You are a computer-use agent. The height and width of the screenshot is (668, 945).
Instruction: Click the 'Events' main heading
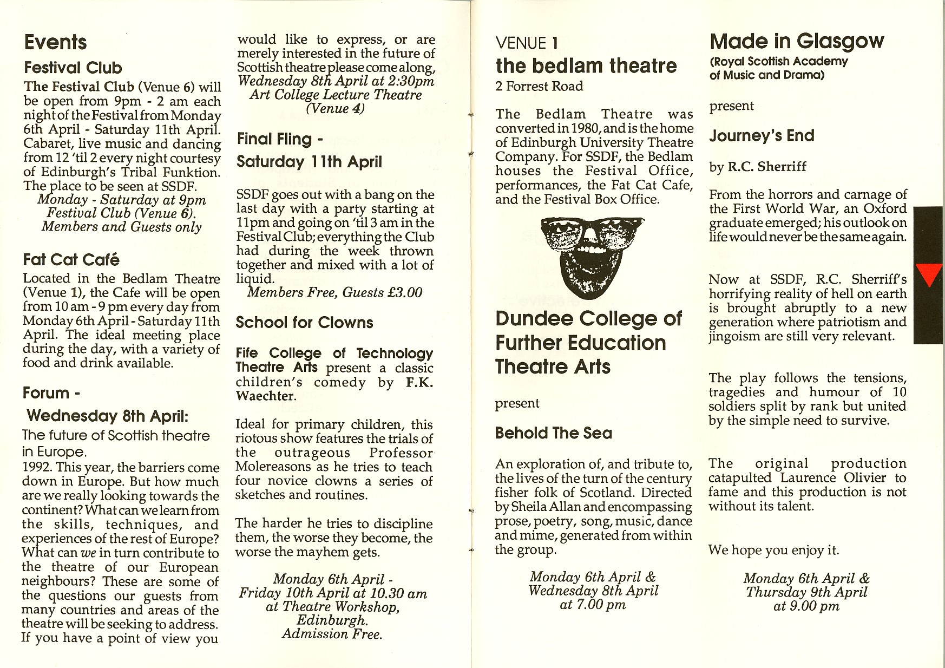point(55,42)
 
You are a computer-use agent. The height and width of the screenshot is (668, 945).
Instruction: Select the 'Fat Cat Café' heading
point(71,260)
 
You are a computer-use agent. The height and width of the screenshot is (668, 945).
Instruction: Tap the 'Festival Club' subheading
point(73,68)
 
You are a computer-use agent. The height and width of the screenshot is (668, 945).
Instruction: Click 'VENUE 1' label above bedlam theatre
point(526,43)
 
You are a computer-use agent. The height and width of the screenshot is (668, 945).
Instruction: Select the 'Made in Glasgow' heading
point(796,41)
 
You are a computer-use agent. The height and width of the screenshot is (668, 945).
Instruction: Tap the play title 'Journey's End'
point(762,135)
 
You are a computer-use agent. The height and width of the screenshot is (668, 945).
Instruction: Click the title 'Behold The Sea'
point(553,433)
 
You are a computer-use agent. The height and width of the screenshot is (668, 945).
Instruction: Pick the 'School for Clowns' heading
point(304,323)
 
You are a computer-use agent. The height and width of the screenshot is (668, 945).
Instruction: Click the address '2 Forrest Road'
point(539,86)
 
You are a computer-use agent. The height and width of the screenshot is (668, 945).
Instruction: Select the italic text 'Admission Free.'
point(332,634)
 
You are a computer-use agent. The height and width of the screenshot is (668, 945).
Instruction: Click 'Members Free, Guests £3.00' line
point(334,293)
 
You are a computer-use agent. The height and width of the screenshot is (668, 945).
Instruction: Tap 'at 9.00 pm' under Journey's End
point(806,606)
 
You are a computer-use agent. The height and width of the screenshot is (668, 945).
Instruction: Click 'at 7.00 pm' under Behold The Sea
point(593,605)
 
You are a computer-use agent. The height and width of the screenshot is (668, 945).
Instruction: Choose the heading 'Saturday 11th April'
point(309,162)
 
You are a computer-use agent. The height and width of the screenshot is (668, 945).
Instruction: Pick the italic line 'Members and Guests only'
point(121,227)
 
